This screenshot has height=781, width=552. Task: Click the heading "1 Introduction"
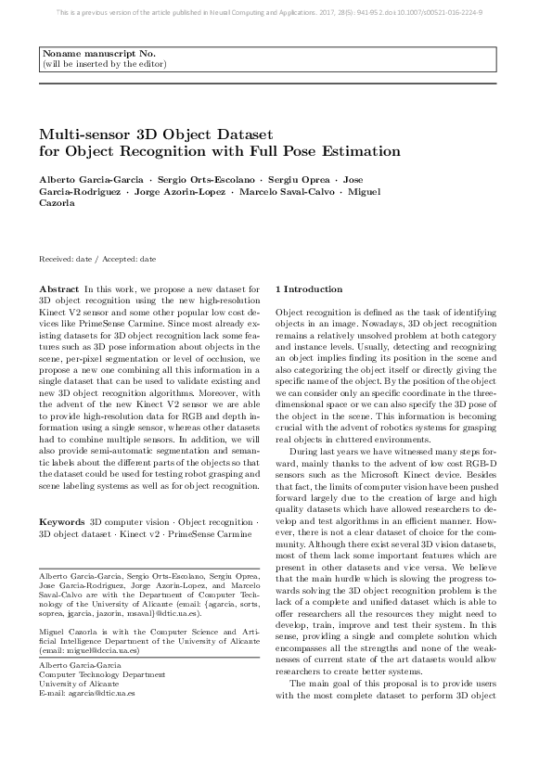[x=309, y=289]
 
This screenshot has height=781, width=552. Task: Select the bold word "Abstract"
[x=60, y=290]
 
